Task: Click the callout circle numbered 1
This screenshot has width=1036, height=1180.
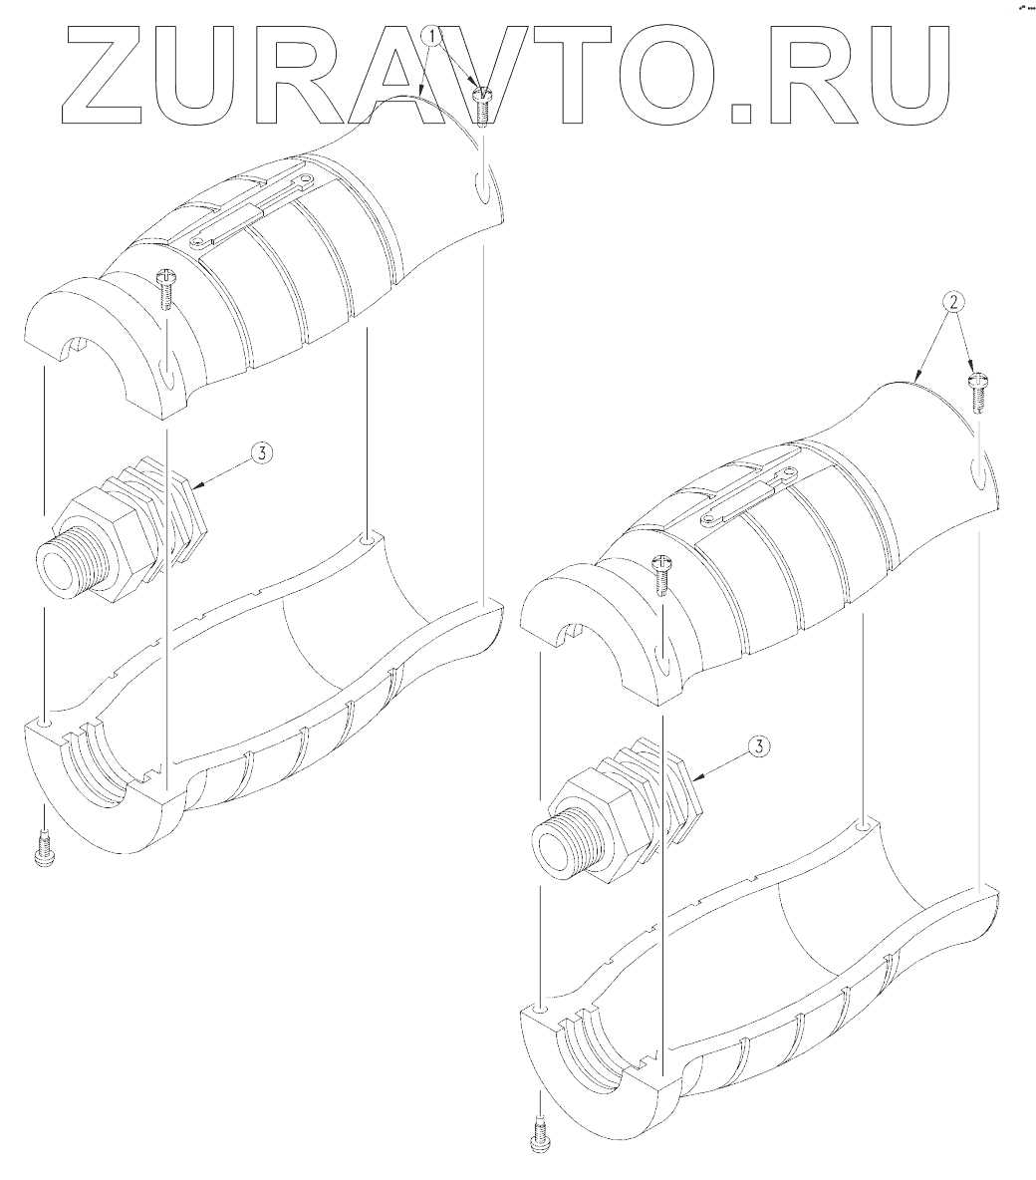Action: [x=431, y=36]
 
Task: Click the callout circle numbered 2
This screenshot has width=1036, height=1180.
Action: [x=953, y=303]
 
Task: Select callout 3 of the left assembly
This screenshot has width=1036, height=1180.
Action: [x=261, y=452]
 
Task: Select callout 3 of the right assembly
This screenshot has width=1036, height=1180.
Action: [x=759, y=746]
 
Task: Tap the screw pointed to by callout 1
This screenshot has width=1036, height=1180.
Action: [x=481, y=106]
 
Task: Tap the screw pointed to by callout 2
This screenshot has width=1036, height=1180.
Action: [x=977, y=392]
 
